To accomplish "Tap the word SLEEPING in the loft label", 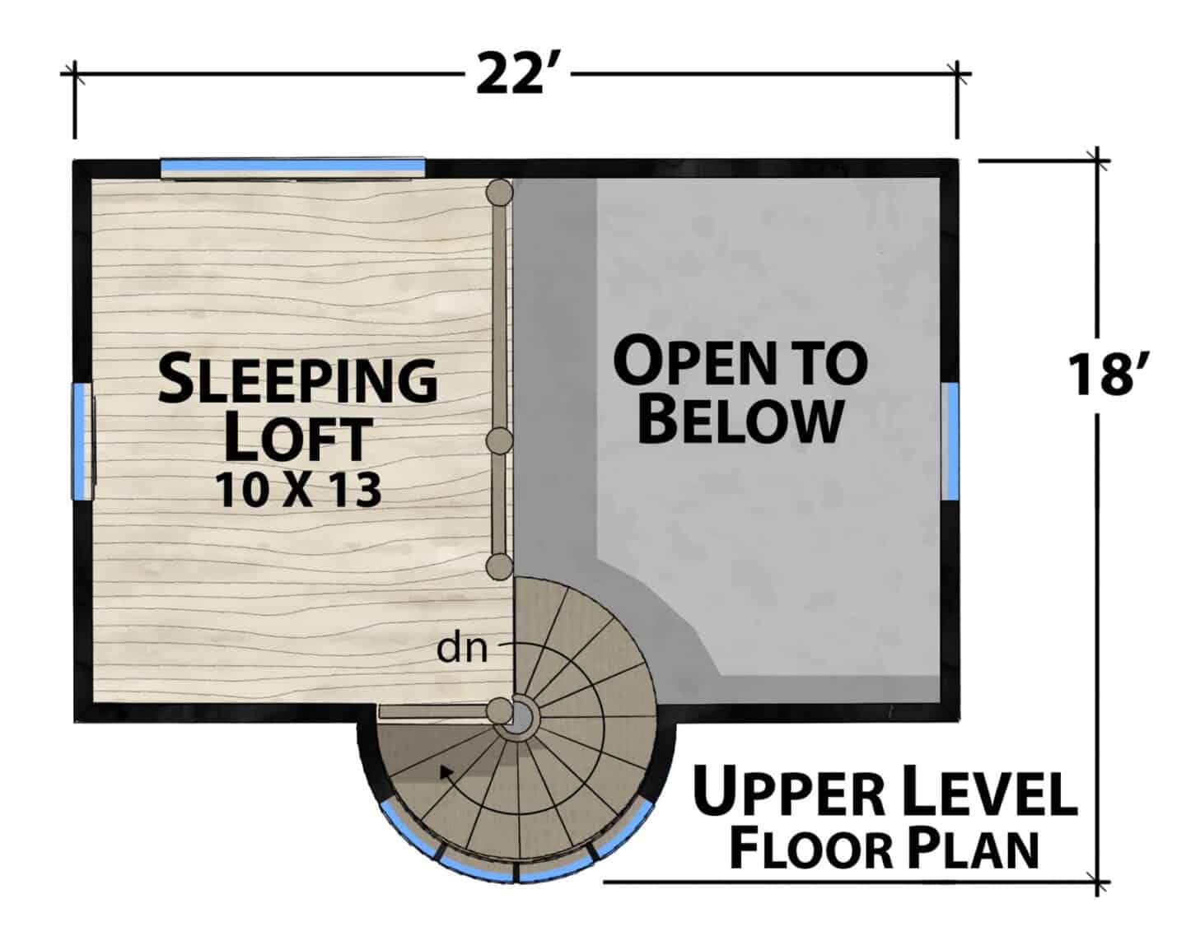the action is (x=298, y=380).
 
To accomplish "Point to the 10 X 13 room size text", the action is (x=298, y=490).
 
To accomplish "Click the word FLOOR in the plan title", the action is (x=810, y=850).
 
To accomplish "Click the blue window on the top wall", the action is (x=292, y=164).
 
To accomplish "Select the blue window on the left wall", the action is (x=79, y=441).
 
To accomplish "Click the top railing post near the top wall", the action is (x=500, y=193).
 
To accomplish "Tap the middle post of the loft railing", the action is (x=500, y=440).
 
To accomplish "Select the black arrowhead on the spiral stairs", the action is (x=446, y=772).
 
